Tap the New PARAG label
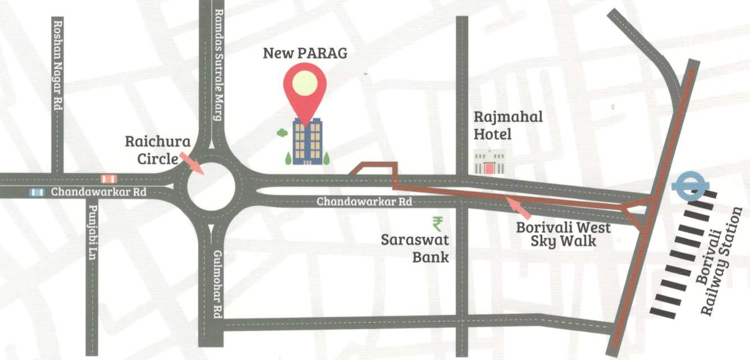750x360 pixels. pos(305,53)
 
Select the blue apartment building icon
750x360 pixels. pos(307,142)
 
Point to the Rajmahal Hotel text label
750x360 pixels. pos(507,125)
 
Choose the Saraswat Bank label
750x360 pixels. pos(415,248)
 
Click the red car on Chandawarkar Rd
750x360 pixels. pos(108,179)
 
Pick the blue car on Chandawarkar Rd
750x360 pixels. pos(37,193)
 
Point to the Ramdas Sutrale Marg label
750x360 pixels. pos(219,65)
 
